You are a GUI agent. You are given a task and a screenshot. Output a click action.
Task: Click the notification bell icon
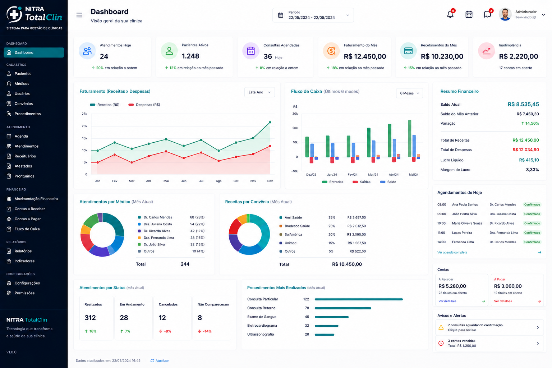pyautogui.click(x=450, y=14)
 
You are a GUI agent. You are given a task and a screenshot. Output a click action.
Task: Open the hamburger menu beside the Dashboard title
pyautogui.click(x=79, y=15)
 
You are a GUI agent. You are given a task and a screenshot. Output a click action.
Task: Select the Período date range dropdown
pyautogui.click(x=313, y=15)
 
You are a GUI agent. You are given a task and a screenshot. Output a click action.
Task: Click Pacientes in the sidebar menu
pyautogui.click(x=23, y=73)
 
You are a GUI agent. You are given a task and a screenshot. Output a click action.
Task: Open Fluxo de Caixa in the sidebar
pyautogui.click(x=27, y=229)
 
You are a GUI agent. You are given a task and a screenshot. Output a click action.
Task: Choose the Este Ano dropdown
pyautogui.click(x=259, y=92)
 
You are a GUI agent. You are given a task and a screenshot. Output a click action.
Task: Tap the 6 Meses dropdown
pyautogui.click(x=409, y=93)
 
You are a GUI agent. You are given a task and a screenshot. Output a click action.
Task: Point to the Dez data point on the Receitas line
pyautogui.click(x=270, y=122)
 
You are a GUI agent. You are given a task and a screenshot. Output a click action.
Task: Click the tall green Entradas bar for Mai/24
pyautogui.click(x=410, y=138)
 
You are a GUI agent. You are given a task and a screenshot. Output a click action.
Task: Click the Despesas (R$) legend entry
pyautogui.click(x=144, y=105)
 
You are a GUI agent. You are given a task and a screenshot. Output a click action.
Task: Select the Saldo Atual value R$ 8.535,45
pyautogui.click(x=523, y=104)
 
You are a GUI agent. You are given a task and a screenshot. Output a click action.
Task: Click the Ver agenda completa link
pyautogui.click(x=452, y=252)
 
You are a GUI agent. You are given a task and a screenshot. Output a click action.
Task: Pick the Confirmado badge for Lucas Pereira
pyautogui.click(x=532, y=233)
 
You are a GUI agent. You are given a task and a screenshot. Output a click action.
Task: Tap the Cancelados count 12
pyautogui.click(x=162, y=318)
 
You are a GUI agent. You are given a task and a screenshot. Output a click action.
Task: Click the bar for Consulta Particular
pyautogui.click(x=359, y=299)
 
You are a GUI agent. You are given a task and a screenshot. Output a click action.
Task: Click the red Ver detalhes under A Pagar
pyautogui.click(x=503, y=301)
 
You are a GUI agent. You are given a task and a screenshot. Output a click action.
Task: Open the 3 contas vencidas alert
pyautogui.click(x=489, y=343)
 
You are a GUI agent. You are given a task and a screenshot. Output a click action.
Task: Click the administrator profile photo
pyautogui.click(x=505, y=14)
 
